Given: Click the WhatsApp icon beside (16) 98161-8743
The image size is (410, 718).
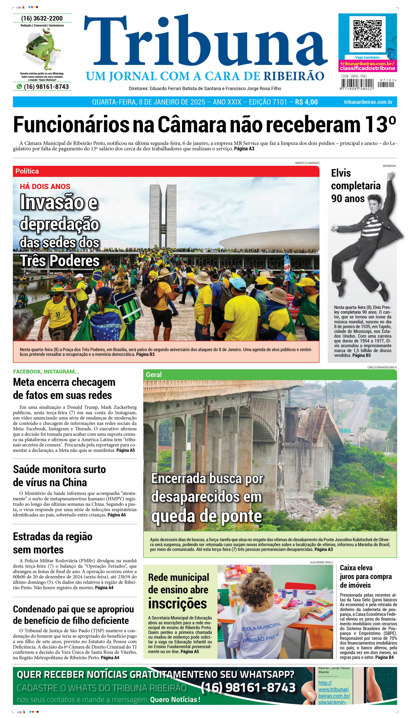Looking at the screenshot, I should coord(19,86).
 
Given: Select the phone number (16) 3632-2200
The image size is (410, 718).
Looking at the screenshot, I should coord(42,18).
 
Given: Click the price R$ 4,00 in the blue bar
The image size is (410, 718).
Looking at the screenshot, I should coord(306,102).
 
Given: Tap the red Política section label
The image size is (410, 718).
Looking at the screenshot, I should coord(27,171).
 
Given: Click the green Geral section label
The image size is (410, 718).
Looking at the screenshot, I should coord(154,375).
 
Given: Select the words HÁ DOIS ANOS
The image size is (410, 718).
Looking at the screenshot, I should coord(45,186).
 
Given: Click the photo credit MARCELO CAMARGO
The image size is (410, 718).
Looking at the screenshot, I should coord(307,163).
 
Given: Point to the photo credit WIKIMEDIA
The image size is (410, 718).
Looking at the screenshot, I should coord(389,166).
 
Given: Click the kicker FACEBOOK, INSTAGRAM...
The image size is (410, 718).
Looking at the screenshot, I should coord(46,371).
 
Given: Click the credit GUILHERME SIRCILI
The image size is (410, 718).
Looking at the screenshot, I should coord(321,562).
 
